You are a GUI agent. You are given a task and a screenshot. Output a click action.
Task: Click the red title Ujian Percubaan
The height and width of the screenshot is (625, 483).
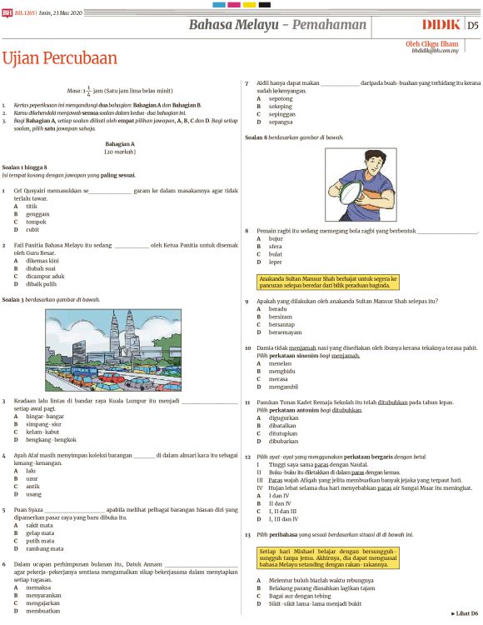click(60, 58)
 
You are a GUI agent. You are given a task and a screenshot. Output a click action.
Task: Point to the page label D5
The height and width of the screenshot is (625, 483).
click(472, 26)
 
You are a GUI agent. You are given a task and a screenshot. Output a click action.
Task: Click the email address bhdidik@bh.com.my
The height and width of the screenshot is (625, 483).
click(436, 50)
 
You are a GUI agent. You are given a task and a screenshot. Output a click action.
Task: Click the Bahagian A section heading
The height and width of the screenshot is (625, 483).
click(120, 144)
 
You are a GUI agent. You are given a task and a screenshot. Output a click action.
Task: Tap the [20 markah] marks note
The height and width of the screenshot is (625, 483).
click(120, 152)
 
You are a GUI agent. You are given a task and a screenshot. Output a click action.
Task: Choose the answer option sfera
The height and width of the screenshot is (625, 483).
click(275, 247)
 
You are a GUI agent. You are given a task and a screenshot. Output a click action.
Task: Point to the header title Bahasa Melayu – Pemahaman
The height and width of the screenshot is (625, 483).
click(291, 25)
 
